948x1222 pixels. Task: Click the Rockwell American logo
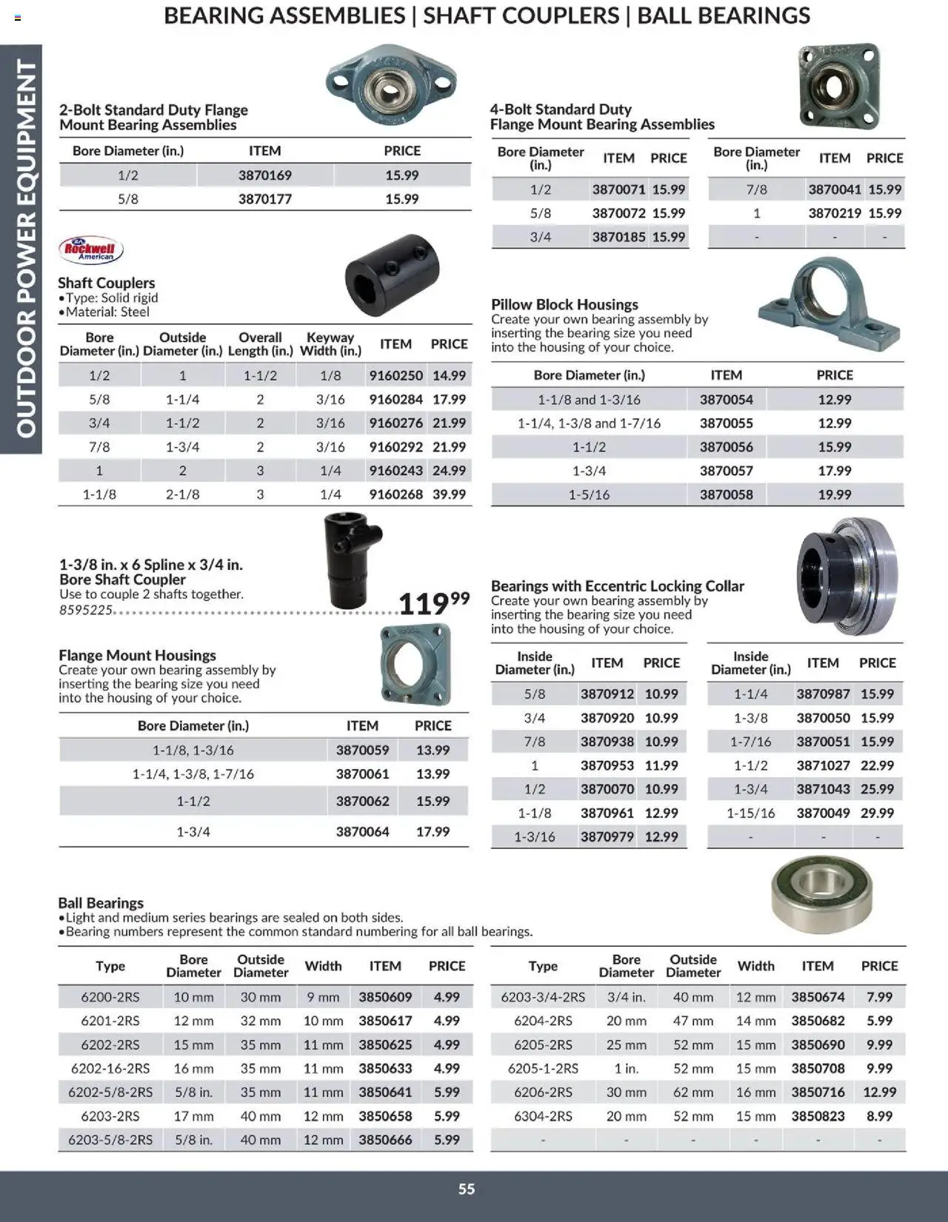91,250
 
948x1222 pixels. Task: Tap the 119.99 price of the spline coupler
433,602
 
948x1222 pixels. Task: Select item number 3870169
264,175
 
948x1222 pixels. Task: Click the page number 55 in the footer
467,1189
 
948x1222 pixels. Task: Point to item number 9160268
395,494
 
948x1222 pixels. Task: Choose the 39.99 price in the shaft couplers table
449,494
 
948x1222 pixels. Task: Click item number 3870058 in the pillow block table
726,494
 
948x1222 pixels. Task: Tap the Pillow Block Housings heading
564,304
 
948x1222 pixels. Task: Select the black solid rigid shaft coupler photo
392,275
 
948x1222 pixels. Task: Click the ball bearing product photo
821,894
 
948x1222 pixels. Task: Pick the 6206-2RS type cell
543,1092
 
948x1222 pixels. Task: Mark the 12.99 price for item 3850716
879,1092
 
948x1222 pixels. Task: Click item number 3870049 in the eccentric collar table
823,813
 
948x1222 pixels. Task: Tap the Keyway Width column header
330,344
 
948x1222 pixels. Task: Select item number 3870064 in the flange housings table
362,832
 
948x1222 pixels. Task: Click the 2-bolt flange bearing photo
390,83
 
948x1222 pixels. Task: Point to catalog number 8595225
86,611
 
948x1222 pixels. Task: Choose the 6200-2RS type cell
110,997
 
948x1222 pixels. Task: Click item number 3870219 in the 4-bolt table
834,213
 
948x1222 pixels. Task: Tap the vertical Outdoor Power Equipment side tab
22,248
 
